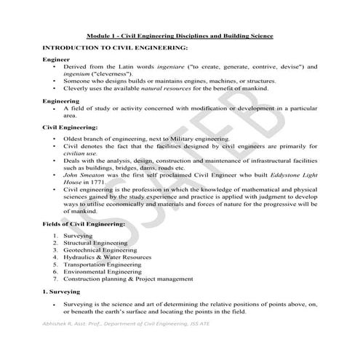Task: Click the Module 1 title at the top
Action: pyautogui.click(x=180, y=34)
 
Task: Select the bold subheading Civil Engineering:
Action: pyautogui.click(x=71, y=127)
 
